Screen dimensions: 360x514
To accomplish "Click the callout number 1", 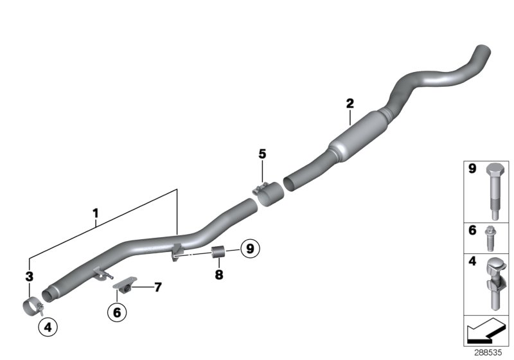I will pos(95,212).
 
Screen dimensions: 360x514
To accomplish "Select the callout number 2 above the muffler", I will pos(350,103).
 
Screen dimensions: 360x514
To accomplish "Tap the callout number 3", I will pos(28,277).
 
